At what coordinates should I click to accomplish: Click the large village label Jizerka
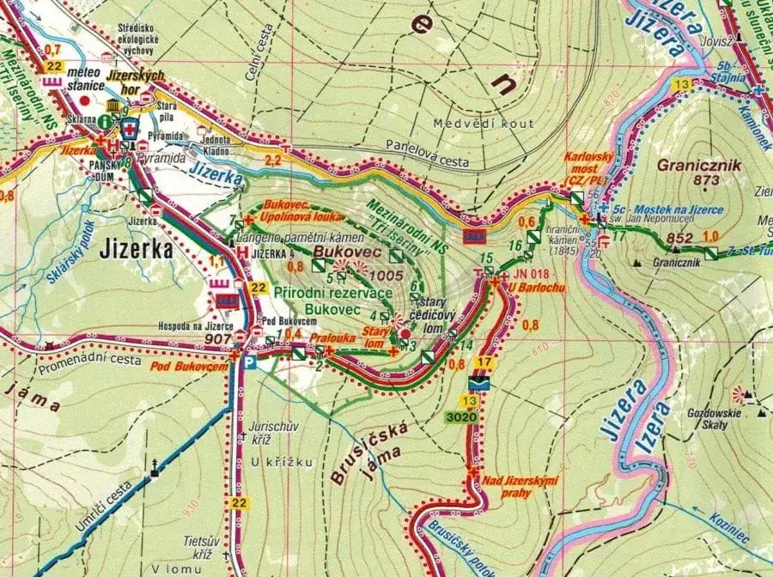[x=137, y=249]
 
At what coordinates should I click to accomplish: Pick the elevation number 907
[x=220, y=338]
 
